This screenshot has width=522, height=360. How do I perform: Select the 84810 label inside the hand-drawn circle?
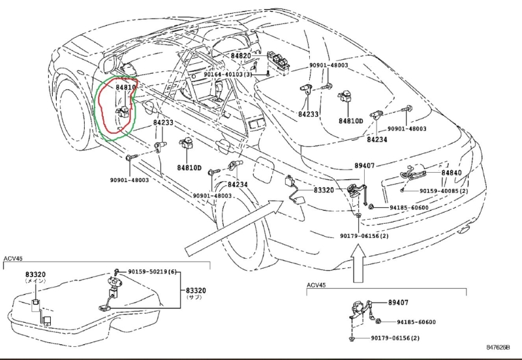[x=126, y=87]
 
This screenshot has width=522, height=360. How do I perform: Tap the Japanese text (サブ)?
[x=194, y=297]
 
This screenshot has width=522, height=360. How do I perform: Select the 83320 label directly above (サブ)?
[x=195, y=290]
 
